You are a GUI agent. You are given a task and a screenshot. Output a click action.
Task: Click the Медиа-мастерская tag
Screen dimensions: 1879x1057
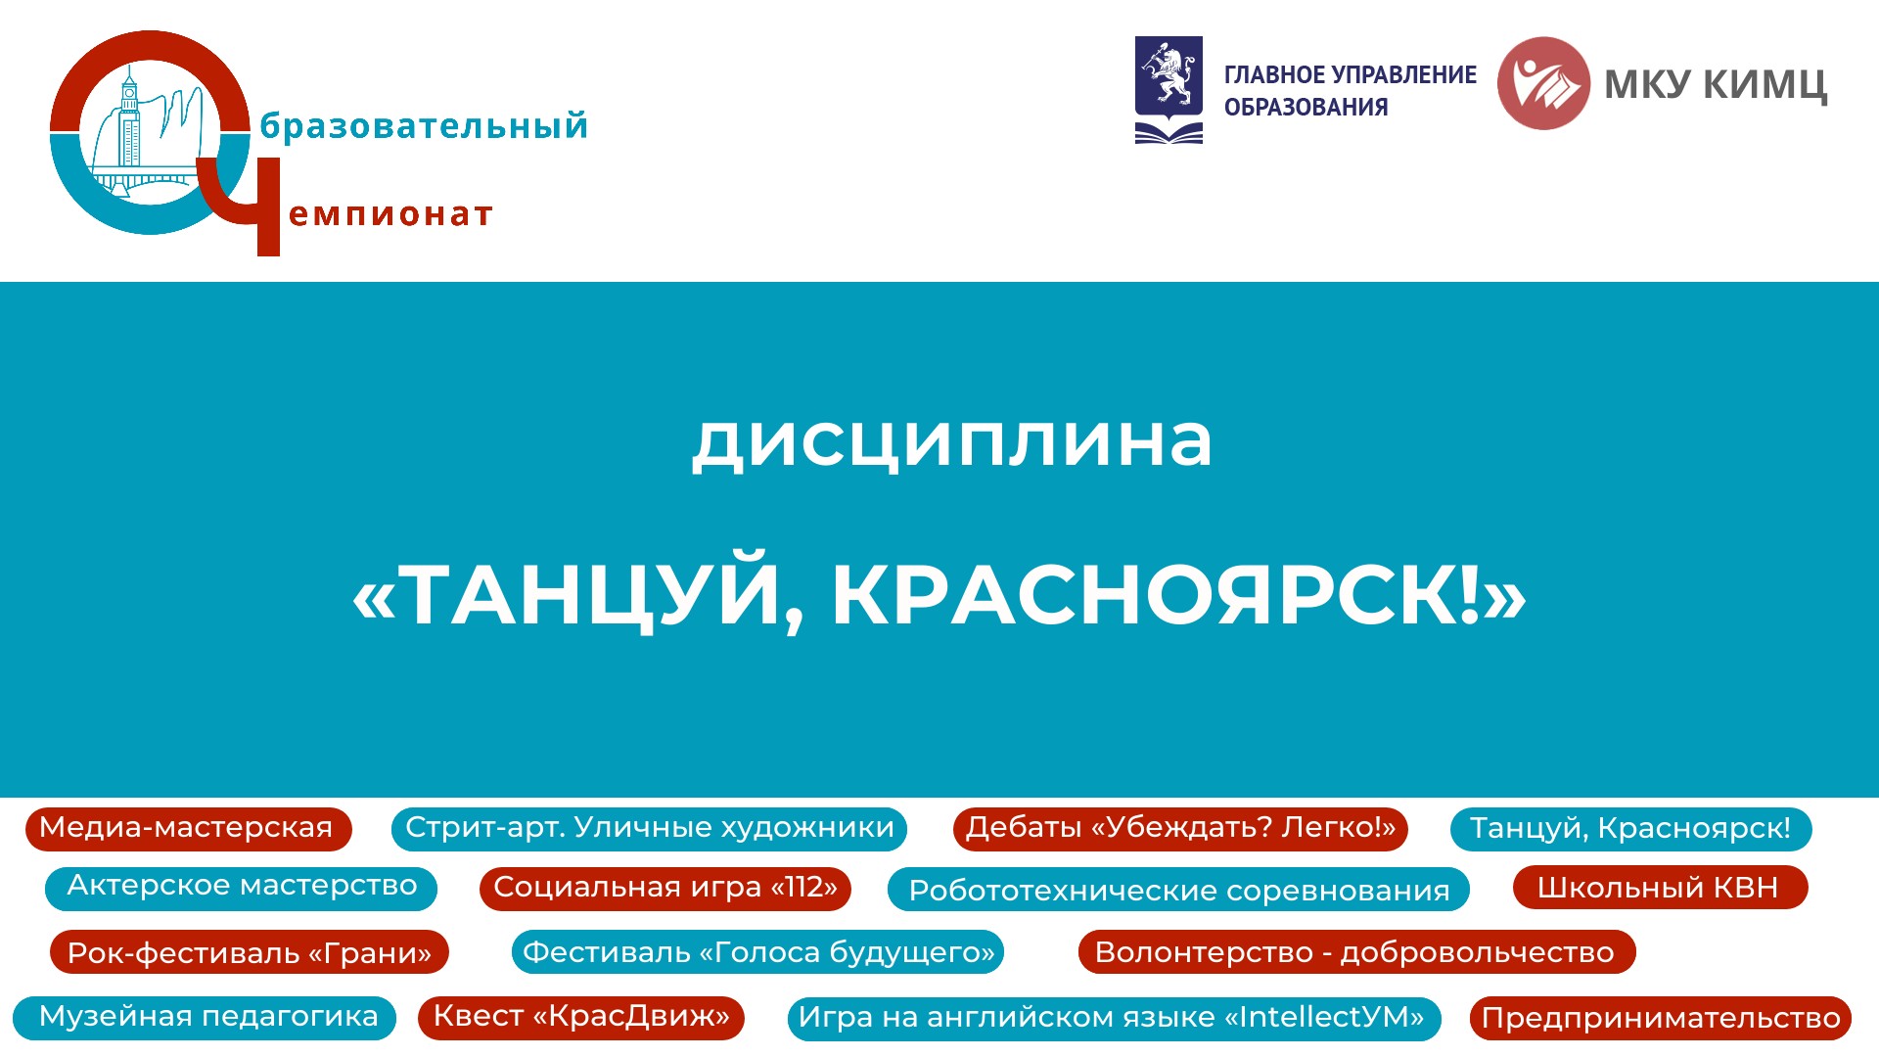(188, 829)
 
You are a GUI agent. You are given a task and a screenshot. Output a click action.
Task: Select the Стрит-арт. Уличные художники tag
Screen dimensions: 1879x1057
(649, 829)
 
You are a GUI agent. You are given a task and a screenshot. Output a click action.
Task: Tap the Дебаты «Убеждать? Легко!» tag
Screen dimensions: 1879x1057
(1180, 829)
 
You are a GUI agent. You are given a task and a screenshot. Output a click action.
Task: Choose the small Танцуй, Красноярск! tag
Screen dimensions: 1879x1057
(1630, 829)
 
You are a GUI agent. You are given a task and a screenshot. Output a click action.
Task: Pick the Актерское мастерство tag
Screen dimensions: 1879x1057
(241, 888)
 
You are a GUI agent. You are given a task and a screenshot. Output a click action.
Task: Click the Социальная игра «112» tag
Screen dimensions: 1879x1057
(665, 888)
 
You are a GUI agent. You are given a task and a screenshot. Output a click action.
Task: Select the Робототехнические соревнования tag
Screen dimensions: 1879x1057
(1178, 890)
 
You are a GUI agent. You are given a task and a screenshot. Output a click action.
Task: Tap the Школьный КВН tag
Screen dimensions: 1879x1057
(1660, 888)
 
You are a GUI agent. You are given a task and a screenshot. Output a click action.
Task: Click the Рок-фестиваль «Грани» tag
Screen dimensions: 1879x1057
(250, 952)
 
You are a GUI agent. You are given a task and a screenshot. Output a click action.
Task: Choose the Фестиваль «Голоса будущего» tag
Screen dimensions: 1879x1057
(757, 952)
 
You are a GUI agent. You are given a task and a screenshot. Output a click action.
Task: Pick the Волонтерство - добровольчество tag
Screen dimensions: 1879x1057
(1356, 952)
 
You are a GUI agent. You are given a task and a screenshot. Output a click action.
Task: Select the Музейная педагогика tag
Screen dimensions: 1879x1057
(205, 1018)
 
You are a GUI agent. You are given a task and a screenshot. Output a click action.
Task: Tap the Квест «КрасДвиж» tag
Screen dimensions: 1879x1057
(581, 1018)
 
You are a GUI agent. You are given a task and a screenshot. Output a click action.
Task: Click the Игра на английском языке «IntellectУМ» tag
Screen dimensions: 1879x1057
(1114, 1019)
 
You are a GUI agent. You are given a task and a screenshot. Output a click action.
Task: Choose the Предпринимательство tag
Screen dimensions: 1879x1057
(1660, 1019)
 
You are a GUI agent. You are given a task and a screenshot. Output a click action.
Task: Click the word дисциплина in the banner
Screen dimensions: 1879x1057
(952, 442)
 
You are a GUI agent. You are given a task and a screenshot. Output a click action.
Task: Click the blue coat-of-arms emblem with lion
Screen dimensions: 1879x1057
(1169, 90)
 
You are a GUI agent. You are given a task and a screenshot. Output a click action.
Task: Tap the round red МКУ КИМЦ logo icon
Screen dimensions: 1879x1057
(1543, 83)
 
